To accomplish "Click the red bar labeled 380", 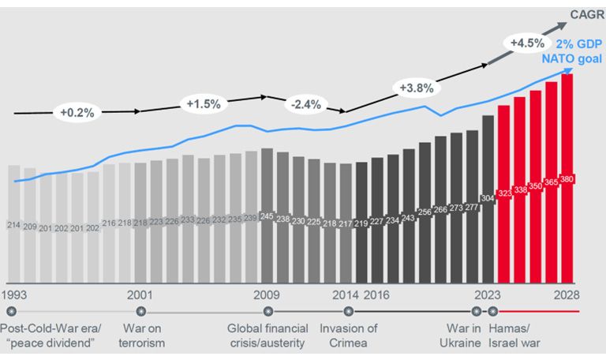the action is (567, 178).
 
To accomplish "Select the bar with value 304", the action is (488, 199).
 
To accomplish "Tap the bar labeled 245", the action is (267, 216).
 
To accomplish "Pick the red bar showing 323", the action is (504, 194).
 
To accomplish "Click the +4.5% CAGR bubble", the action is (528, 43).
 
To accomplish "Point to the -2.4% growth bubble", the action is (306, 104).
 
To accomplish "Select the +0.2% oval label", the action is (77, 113).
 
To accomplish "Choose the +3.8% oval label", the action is (417, 88).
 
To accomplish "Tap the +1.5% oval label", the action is (204, 103).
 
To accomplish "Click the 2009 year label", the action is (266, 295).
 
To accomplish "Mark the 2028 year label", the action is (567, 295).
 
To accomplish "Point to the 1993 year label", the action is (14, 295).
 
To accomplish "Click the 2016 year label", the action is (376, 295).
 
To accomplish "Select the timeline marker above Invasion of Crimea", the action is (349, 311).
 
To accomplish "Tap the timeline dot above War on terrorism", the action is (141, 311).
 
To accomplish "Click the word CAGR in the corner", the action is (587, 15).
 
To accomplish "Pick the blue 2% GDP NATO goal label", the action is (573, 51).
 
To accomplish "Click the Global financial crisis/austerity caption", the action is (267, 336).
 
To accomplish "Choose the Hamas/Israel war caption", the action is (514, 336).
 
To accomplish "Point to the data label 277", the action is (472, 208).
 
